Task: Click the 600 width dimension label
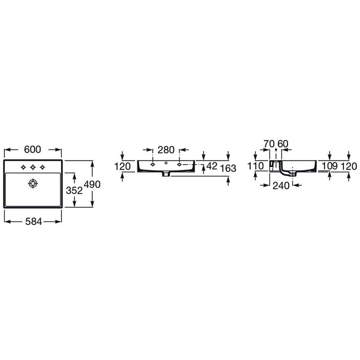32,150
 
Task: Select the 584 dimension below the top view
32,222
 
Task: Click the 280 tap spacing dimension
166,150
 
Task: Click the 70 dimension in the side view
269,143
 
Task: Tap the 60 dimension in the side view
283,143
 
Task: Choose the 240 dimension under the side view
281,185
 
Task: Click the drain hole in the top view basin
33,183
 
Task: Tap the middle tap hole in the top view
32,167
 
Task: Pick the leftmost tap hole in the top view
22,167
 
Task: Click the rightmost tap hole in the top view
43,167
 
